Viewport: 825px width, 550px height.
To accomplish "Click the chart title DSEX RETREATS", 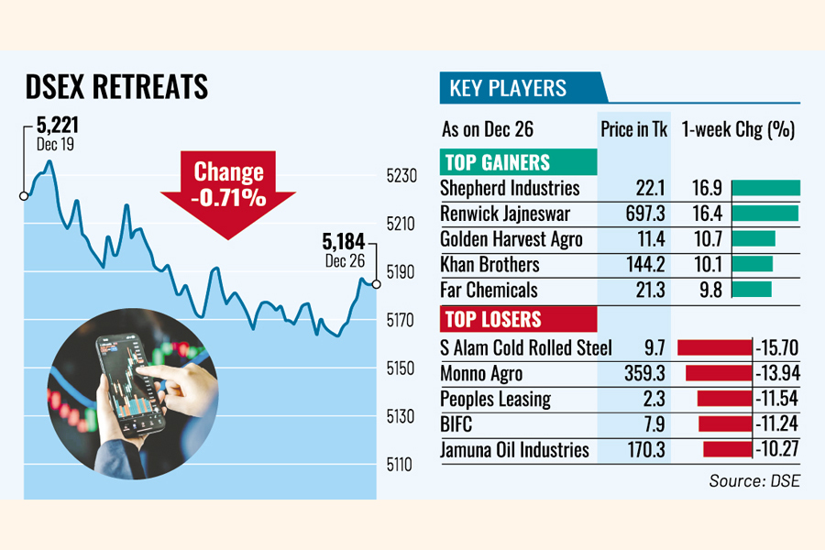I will pyautogui.click(x=116, y=86).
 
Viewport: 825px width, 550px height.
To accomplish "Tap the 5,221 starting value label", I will pyautogui.click(x=56, y=124).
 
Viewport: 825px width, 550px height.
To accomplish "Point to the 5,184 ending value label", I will pyautogui.click(x=344, y=242).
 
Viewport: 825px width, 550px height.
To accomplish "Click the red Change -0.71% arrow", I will pyautogui.click(x=227, y=187).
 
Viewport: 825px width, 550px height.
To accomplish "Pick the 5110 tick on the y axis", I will pyautogui.click(x=397, y=465).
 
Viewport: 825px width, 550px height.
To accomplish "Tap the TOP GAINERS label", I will pyautogui.click(x=497, y=163).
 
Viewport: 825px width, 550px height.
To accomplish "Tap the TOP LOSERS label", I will pyautogui.click(x=492, y=320).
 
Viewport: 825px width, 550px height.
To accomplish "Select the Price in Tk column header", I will pyautogui.click(x=634, y=129).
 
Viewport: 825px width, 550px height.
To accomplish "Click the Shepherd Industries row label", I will pyautogui.click(x=510, y=189).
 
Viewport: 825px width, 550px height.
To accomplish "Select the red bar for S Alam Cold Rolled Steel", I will pyautogui.click(x=714, y=348).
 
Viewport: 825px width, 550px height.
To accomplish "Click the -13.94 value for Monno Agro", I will pyautogui.click(x=776, y=374).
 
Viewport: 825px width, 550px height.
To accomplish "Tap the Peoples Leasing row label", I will pyautogui.click(x=495, y=400).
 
